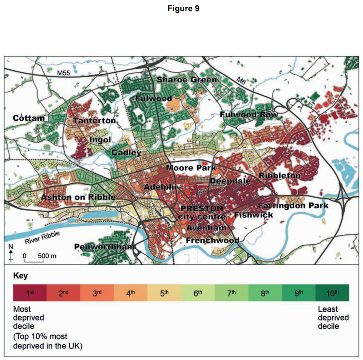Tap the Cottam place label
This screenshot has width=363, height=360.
tap(29, 118)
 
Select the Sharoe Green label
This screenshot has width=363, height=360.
tap(186, 80)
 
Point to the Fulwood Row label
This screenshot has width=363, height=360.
tap(249, 115)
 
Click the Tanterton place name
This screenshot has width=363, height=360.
tap(94, 121)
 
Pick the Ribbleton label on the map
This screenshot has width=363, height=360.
tap(280, 176)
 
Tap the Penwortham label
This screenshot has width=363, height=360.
tap(104, 246)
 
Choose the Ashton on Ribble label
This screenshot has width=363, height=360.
tap(78, 197)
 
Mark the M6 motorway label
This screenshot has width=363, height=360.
tap(241, 81)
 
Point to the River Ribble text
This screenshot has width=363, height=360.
tap(42, 238)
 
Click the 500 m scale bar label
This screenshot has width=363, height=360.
tap(46, 256)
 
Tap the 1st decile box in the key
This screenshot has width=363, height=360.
tap(30, 293)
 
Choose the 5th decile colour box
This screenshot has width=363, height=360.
tap(164, 293)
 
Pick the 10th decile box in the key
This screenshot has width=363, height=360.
tap(332, 293)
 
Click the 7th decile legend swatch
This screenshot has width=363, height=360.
tap(231, 293)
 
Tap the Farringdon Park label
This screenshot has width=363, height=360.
tap(293, 206)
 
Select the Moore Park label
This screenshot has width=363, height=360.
tap(191, 168)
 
